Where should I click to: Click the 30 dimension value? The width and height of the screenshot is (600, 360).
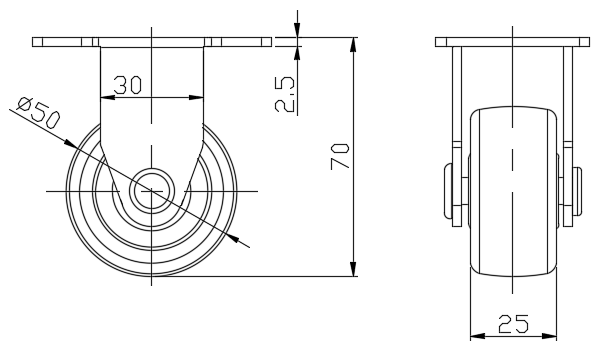click(128, 85)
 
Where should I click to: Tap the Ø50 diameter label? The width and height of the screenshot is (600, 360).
click(39, 113)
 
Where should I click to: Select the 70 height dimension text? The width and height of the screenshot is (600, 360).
click(340, 156)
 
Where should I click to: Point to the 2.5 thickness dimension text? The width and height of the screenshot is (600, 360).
click(285, 94)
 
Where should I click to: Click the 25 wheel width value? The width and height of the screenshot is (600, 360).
click(514, 324)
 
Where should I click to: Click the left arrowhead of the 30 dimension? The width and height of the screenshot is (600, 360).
click(108, 98)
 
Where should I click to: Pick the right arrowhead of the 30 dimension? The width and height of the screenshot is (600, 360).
click(197, 98)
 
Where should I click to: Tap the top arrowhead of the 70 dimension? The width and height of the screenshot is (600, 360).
click(353, 44)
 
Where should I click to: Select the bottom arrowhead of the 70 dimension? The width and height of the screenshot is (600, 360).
click(353, 269)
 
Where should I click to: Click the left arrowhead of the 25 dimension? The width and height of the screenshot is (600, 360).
click(478, 336)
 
